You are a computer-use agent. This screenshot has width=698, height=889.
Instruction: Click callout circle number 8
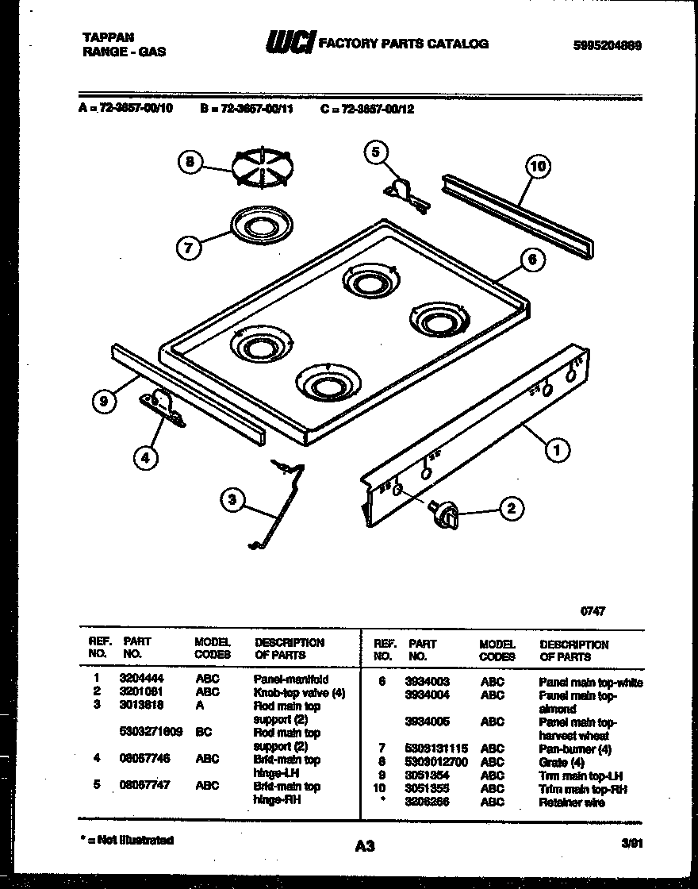click(189, 163)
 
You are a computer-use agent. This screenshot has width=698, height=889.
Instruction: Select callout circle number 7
click(188, 248)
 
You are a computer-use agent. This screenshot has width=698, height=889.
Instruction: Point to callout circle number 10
click(538, 166)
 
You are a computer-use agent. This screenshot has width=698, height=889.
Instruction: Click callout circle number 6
click(533, 259)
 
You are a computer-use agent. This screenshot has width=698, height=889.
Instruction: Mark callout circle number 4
click(145, 456)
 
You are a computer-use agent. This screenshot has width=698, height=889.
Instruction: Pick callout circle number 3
click(232, 499)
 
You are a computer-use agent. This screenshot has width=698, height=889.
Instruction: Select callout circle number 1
click(557, 450)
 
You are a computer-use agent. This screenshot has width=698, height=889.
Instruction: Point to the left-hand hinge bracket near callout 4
click(162, 408)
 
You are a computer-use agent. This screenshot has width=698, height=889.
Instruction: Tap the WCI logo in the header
click(290, 44)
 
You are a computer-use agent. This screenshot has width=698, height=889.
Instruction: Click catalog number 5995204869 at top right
click(606, 46)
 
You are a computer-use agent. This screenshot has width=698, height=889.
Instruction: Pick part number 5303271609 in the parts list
click(151, 733)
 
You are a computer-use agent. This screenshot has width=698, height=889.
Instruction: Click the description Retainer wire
click(571, 802)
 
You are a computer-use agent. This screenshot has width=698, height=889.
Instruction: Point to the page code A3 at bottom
click(364, 847)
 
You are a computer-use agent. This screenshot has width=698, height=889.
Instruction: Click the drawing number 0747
click(593, 612)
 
